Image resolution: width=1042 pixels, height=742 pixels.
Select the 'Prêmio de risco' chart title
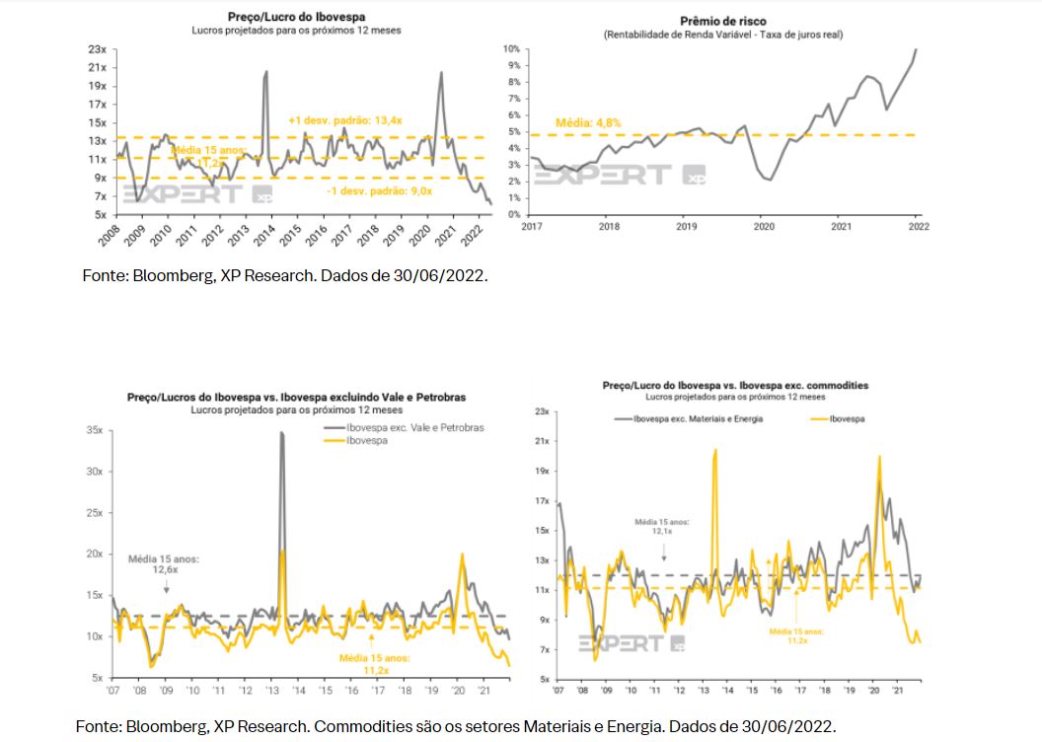[x=723, y=21]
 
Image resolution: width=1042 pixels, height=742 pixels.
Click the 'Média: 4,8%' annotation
[x=588, y=123]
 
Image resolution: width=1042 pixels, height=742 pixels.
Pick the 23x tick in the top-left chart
[x=97, y=48]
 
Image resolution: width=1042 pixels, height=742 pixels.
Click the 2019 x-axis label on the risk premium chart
[x=687, y=226]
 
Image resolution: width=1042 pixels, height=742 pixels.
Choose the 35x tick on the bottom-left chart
[x=95, y=430]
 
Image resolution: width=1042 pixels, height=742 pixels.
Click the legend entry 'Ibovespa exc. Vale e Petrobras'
[x=414, y=428]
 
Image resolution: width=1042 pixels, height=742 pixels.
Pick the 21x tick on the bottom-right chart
[x=541, y=440]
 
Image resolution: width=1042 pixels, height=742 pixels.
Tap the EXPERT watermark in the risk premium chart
[x=604, y=176]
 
